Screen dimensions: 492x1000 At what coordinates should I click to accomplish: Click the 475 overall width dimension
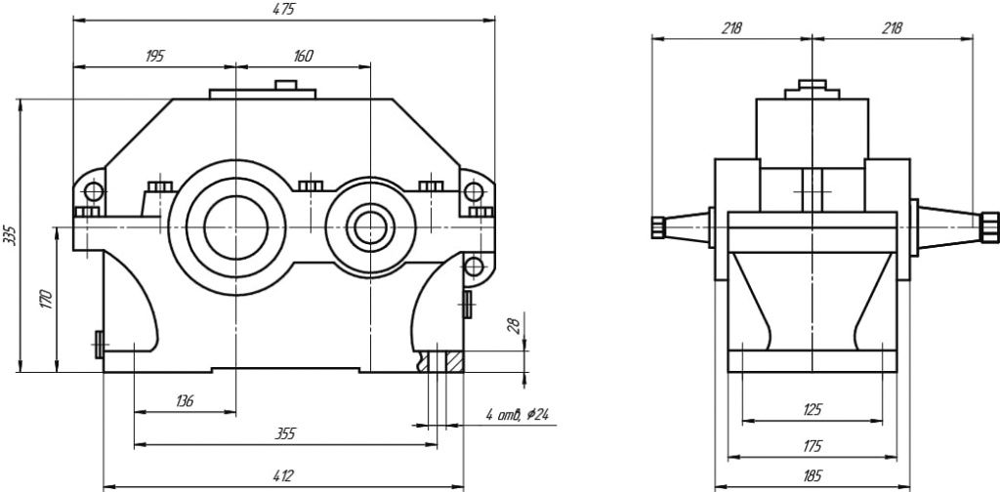tap(284, 9)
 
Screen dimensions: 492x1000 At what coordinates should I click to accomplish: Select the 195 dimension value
tap(154, 57)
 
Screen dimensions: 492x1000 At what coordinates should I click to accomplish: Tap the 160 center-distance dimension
tap(303, 57)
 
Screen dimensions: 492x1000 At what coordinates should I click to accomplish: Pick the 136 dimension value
tap(185, 400)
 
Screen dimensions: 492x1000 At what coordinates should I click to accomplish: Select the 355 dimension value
tap(285, 431)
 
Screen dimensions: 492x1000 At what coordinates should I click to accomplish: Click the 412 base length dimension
tap(282, 475)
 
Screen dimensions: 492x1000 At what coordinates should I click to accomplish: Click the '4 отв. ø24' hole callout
tap(517, 415)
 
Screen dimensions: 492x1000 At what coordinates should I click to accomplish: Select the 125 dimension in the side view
tap(812, 410)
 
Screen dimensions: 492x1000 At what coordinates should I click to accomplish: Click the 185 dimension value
tap(812, 477)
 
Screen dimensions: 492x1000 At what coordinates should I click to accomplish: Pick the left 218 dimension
tap(731, 28)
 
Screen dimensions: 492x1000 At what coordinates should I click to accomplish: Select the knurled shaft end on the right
tap(989, 226)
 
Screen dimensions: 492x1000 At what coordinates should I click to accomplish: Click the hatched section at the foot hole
tap(452, 361)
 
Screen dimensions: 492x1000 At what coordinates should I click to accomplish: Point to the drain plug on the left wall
tap(99, 343)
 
